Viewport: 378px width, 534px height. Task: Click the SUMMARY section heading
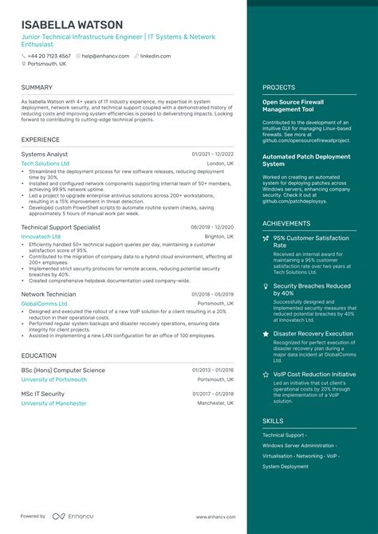coord(37,87)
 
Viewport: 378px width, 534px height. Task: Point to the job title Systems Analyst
coord(45,154)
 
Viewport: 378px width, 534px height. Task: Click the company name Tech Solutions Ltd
coord(45,163)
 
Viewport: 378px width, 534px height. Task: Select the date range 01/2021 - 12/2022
coord(213,154)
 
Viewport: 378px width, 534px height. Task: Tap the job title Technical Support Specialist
coord(61,227)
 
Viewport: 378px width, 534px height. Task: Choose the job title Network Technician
coord(49,294)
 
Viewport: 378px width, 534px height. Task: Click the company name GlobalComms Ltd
coord(44,304)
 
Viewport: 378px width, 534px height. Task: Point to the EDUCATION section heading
coord(39,355)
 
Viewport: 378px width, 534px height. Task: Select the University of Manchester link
coord(55,403)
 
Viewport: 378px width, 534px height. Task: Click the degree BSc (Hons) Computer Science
coord(63,371)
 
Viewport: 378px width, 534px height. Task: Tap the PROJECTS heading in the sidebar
coord(278,87)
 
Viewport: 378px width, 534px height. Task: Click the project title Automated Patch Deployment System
coord(306,160)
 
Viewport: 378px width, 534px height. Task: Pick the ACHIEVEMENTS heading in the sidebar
coord(286,223)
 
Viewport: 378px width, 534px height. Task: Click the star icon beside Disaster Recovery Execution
coord(266,334)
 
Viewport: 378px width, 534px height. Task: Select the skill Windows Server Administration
coord(299,446)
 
